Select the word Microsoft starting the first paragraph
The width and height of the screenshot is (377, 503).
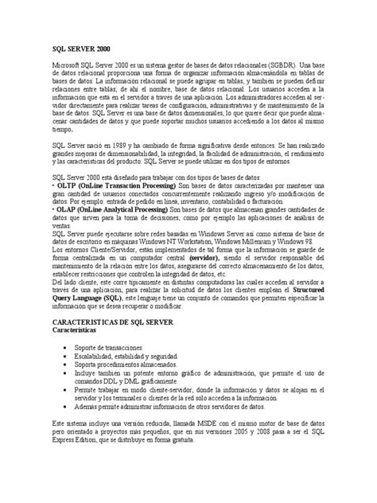(x=68, y=65)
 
